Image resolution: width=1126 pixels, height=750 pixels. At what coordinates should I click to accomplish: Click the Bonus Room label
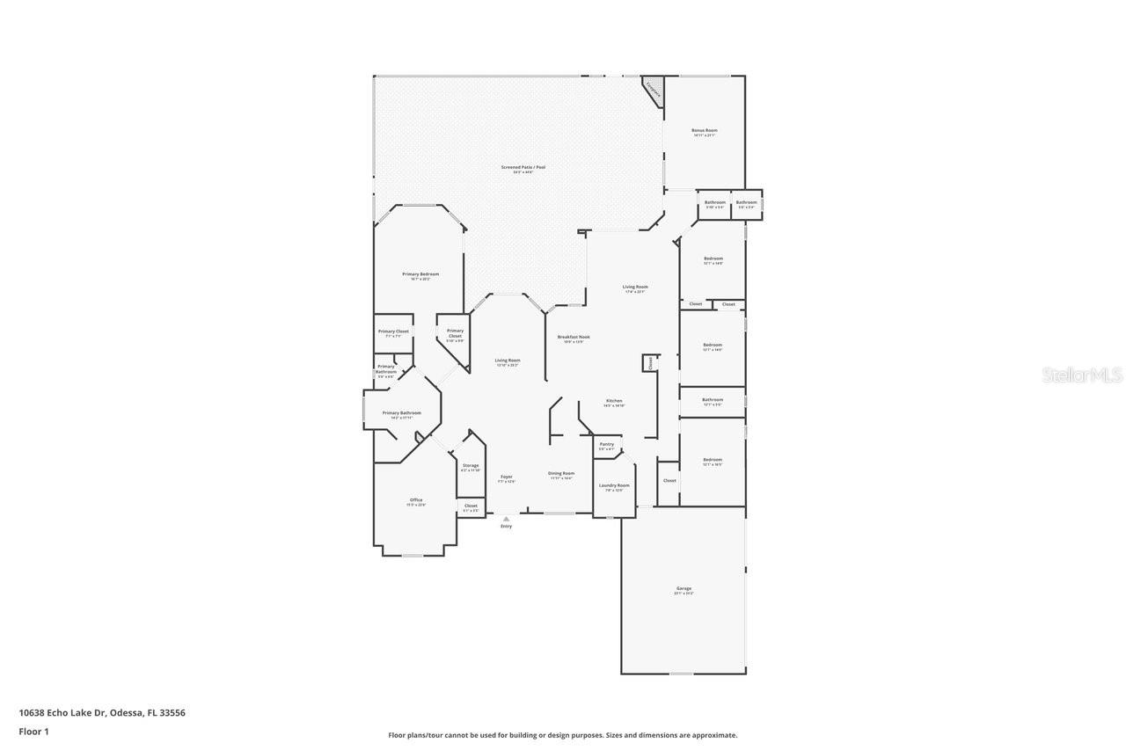pos(704,130)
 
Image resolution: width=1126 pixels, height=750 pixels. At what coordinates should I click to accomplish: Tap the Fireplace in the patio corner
pos(652,89)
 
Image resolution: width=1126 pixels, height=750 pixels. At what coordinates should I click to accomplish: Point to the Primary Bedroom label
pos(420,274)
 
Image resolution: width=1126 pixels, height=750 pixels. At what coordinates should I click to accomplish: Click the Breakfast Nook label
pos(574,337)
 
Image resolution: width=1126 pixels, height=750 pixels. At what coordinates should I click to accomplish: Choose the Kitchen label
pos(614,401)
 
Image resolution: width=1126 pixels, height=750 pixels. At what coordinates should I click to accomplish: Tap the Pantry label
pos(607,444)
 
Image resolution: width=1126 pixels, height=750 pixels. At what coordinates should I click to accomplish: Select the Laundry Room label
pos(614,485)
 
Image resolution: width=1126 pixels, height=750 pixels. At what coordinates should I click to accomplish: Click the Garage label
pos(684,589)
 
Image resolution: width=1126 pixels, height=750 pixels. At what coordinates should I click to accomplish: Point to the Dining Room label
pos(561,473)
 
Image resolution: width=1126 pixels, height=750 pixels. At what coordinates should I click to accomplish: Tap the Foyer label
pos(507,477)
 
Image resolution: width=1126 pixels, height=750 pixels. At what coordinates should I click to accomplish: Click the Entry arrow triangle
pos(506,519)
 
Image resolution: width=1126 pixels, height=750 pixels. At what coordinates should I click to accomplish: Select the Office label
pos(416,500)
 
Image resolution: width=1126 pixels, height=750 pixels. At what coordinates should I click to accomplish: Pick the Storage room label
pos(471,465)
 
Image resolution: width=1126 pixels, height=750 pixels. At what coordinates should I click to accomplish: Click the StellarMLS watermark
pos(1082,375)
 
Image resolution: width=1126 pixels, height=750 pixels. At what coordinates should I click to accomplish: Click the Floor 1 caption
pos(33,732)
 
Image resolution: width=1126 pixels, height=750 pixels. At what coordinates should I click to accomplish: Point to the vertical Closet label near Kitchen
pos(649,362)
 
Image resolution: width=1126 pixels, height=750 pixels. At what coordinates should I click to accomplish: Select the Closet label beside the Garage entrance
pos(669,480)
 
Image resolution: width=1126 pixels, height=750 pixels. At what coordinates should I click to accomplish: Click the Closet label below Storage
pos(471,506)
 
